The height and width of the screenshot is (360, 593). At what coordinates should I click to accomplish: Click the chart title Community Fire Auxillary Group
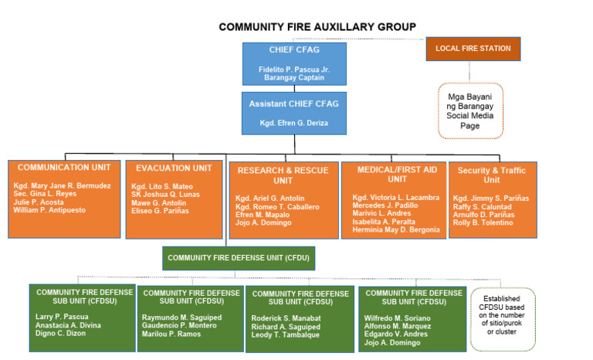[x=317, y=26]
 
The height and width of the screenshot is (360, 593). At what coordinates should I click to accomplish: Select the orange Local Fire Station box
[x=473, y=49]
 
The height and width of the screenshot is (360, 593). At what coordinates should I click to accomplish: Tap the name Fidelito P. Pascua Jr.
[x=293, y=70]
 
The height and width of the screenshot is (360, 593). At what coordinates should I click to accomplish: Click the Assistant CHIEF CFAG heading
[x=293, y=104]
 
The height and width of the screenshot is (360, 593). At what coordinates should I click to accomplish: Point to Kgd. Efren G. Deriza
[x=293, y=123]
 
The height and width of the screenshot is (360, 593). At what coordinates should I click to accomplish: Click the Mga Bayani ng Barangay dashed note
[x=469, y=110]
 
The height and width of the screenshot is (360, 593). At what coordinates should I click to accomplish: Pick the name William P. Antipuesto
[x=49, y=210]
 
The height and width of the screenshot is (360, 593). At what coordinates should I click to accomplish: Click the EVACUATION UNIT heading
[x=174, y=168]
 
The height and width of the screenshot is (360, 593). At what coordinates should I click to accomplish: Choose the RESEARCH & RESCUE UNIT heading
[x=283, y=175]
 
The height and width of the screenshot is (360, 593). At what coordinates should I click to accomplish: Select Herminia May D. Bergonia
[x=396, y=229]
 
